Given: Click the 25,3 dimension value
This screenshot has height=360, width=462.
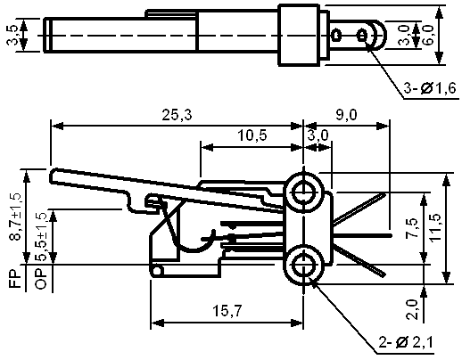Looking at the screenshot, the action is click(x=177, y=115).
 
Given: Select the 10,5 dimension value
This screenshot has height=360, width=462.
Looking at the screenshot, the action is click(x=252, y=135).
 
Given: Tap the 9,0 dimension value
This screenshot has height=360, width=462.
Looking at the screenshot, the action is click(x=346, y=115).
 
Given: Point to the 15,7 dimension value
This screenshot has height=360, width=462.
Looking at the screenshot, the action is click(x=227, y=311).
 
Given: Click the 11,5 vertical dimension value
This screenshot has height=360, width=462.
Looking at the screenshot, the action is click(x=436, y=227).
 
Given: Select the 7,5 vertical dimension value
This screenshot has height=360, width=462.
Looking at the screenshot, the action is click(x=412, y=228).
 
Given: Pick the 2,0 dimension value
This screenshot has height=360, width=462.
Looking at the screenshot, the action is click(x=412, y=309).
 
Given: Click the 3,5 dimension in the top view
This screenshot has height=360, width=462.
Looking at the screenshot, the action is click(x=12, y=35).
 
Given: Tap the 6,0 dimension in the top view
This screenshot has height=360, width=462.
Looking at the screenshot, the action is click(x=428, y=35).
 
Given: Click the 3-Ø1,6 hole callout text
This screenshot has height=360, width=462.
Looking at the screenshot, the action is click(x=430, y=88).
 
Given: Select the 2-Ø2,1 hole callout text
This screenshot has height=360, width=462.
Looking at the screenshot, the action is click(x=406, y=342).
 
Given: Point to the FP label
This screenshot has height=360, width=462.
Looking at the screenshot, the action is click(x=15, y=279).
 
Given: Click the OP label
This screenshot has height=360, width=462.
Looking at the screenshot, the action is click(x=41, y=279).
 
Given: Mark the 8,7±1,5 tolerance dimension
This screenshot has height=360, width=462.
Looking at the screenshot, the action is click(x=15, y=217).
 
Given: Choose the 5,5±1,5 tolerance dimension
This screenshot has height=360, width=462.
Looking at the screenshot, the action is click(x=41, y=237).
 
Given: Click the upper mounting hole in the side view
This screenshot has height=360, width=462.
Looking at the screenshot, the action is click(x=303, y=192).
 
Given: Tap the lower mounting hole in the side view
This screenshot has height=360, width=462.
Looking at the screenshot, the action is click(x=303, y=265).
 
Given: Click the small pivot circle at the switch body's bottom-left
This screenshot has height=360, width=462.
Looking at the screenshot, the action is click(x=157, y=271).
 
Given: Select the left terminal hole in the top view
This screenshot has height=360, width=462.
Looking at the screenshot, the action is click(x=336, y=35).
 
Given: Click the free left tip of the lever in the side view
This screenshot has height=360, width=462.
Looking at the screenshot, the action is click(x=51, y=176).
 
